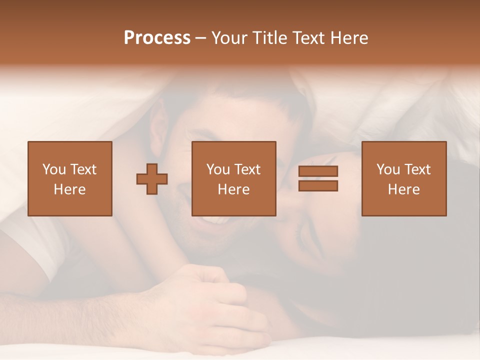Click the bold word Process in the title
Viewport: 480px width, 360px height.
(157, 38)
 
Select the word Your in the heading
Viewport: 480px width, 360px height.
(230, 38)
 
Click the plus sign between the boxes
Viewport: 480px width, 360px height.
(152, 179)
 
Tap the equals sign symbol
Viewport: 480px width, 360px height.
(318, 178)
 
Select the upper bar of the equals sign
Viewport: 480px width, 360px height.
(318, 171)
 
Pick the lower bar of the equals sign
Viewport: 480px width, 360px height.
(318, 185)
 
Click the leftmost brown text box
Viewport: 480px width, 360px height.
(69, 178)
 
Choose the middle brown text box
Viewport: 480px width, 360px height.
(233, 178)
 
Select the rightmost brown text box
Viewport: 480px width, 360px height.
(403, 178)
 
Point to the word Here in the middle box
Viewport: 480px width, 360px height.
(233, 189)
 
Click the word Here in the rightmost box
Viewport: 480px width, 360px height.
(403, 189)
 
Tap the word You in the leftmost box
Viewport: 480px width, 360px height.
(53, 169)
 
